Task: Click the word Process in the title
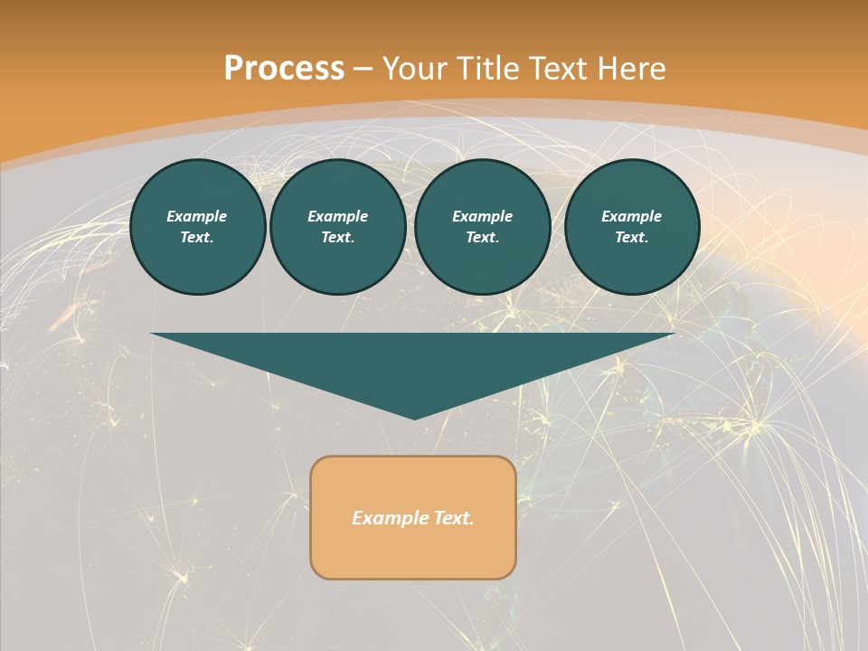[x=284, y=69]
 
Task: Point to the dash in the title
[x=363, y=70]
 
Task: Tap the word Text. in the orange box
[x=453, y=518]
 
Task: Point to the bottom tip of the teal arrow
[x=414, y=418]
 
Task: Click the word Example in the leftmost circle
[x=197, y=216]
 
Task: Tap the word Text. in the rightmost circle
[x=632, y=237]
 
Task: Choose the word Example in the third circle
[x=483, y=216]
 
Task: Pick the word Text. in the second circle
[x=338, y=237]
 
